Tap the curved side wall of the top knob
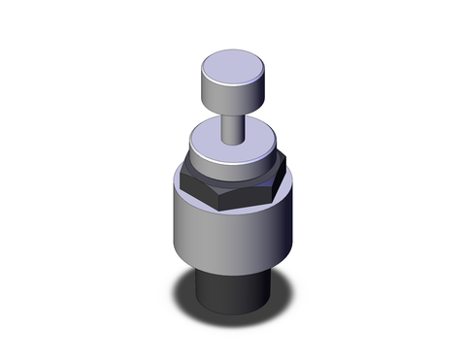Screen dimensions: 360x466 coord(231,96)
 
